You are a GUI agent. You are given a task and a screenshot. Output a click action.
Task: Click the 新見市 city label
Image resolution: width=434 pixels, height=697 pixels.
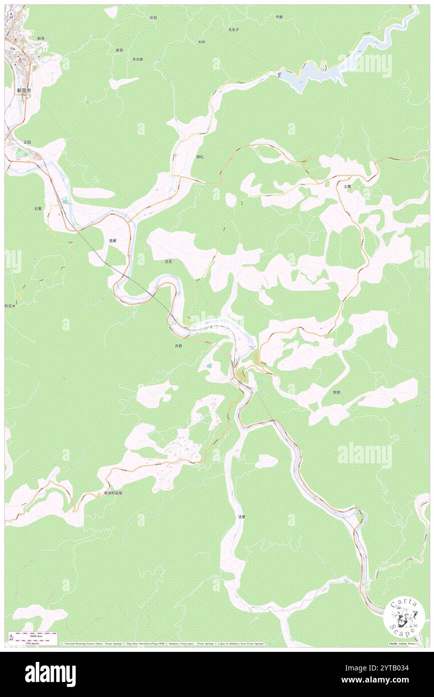[24, 91]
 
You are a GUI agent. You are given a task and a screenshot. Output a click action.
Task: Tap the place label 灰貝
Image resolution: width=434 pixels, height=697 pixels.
[153, 18]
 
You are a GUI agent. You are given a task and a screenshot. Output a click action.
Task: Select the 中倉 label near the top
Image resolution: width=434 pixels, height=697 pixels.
[279, 17]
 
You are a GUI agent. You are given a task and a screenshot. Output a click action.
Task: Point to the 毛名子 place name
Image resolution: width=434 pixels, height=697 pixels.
[234, 30]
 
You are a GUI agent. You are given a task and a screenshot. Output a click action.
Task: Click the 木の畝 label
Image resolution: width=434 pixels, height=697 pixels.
[138, 59]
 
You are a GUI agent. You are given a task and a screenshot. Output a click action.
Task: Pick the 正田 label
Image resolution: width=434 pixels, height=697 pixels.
[27, 142]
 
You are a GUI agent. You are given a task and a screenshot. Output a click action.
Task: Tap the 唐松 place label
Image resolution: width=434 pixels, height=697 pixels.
[200, 157]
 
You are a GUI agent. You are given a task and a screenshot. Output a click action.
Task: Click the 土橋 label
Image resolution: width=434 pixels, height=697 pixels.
[347, 186]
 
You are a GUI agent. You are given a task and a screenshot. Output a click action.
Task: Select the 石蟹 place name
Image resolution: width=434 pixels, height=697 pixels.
[38, 208]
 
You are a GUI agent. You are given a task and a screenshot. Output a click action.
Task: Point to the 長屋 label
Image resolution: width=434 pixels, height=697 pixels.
[113, 241]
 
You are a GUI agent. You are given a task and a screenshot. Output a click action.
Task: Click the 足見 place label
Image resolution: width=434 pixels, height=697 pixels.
[168, 261]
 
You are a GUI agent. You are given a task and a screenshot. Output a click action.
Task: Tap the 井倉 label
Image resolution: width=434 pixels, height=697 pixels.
[178, 346]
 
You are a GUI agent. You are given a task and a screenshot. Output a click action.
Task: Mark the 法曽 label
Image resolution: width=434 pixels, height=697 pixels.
[242, 516]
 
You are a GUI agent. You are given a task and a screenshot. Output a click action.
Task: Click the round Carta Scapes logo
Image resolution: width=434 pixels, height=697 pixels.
[404, 617]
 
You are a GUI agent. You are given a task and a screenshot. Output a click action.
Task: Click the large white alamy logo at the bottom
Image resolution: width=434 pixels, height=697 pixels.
[50, 674]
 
